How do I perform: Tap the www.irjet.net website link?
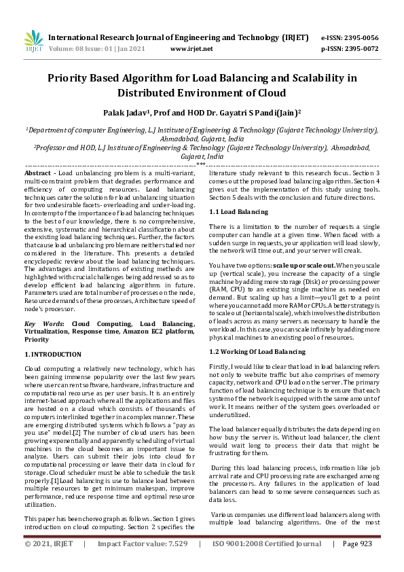point(191,49)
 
